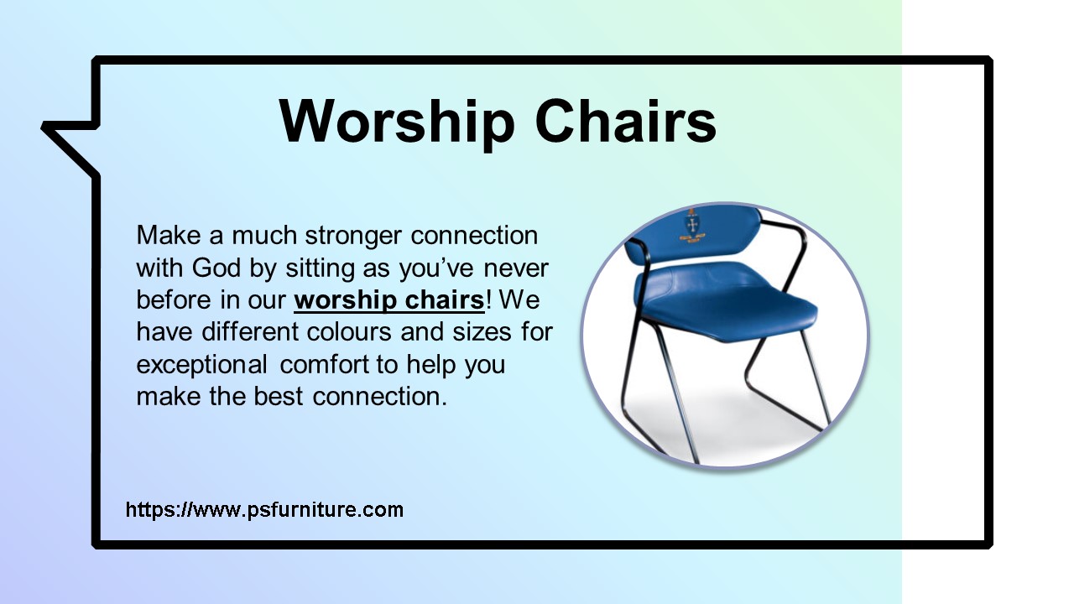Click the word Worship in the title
[396, 121]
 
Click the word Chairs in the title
[626, 121]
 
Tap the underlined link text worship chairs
[389, 299]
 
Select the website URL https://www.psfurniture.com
[264, 509]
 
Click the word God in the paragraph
[210, 268]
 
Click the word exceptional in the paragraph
[202, 365]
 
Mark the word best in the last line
[279, 395]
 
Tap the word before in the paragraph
[173, 299]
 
